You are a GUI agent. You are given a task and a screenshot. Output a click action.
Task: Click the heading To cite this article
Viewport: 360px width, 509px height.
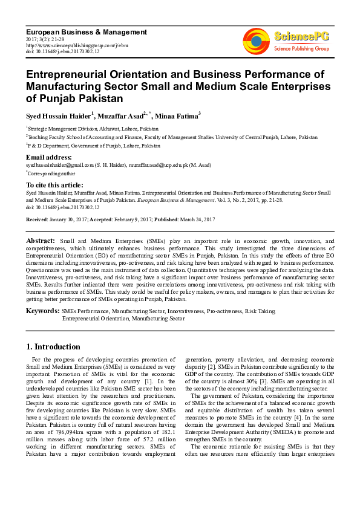coord(54,185)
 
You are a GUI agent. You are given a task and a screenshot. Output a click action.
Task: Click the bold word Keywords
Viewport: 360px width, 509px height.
coord(42,311)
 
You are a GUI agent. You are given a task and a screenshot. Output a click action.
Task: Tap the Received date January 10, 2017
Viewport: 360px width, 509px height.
coord(67,219)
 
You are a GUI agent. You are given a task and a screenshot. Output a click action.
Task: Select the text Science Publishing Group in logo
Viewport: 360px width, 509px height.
coord(301,48)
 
